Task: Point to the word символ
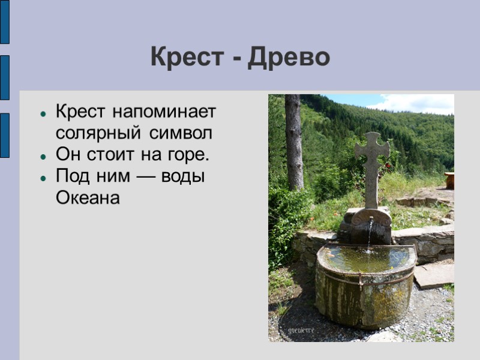183,132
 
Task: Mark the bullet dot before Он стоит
43,156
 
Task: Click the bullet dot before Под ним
43,178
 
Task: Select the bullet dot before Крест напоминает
43,113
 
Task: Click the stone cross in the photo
372,162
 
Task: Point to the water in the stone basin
366,258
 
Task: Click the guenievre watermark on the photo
302,331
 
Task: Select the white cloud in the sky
420,104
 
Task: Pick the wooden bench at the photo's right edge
449,180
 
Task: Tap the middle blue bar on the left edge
4,77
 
